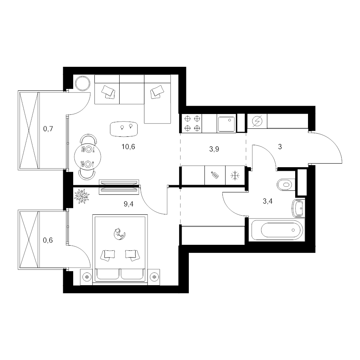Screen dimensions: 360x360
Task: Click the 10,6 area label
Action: tap(128, 147)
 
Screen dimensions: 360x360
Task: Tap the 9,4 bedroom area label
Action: tap(128, 204)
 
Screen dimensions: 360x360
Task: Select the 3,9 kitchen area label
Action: tap(214, 149)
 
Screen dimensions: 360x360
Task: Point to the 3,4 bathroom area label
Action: tap(268, 201)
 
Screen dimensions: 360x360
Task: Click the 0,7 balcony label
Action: tap(48, 129)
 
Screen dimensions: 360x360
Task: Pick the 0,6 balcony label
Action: tap(48, 240)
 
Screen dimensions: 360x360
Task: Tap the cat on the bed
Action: tap(120, 234)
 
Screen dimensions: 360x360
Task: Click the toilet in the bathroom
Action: tap(286, 184)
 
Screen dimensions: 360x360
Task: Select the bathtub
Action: tap(277, 230)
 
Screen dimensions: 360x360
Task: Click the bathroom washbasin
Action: tap(298, 208)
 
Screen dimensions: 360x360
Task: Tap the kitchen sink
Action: tap(227, 124)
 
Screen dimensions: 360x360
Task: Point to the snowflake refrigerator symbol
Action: tap(235, 176)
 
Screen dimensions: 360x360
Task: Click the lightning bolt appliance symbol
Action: tap(257, 121)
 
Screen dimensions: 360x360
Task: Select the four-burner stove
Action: tap(192, 124)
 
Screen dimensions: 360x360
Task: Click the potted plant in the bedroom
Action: tap(82, 196)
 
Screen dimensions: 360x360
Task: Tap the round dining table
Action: tap(88, 157)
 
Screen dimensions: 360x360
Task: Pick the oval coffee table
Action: tap(124, 129)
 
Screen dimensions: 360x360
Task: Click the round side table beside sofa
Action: tap(83, 83)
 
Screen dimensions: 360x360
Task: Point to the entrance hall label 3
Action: tap(280, 147)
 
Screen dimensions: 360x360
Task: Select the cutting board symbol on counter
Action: tap(215, 175)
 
